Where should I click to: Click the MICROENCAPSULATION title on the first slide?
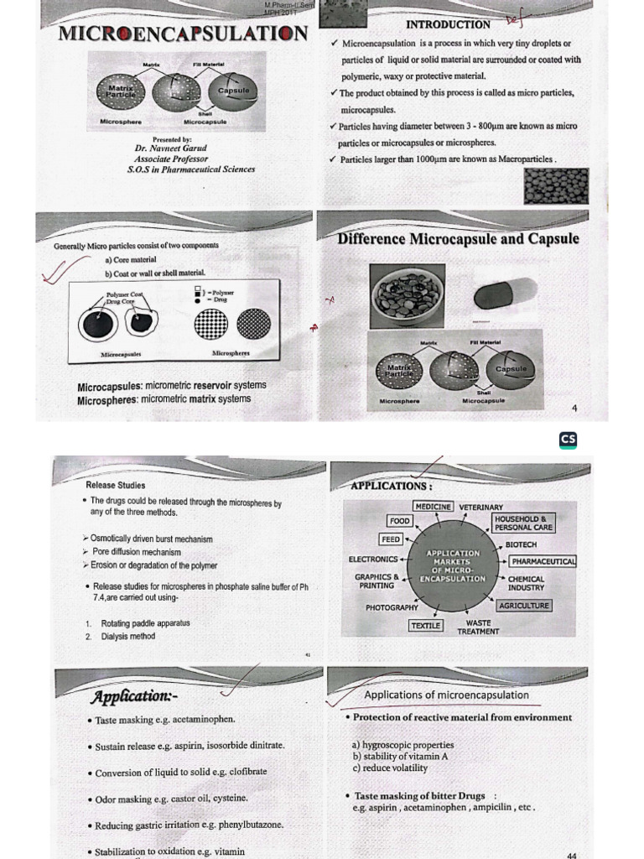182,34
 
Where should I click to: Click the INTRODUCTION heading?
448,24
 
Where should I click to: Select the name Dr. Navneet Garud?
170,148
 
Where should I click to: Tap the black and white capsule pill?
505,294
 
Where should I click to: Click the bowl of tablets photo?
408,296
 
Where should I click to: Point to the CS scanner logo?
568,440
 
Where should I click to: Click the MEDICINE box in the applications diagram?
434,507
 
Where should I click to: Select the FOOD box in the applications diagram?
399,521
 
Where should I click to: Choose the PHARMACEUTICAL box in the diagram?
543,561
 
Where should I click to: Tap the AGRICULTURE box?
524,606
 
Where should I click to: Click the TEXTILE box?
426,626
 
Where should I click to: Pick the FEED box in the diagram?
391,539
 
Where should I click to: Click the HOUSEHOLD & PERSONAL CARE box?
523,523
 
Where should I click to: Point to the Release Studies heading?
115,485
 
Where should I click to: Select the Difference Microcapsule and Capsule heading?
458,239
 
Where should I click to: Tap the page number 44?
571,856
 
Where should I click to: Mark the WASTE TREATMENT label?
478,627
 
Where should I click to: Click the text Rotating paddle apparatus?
145,623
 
